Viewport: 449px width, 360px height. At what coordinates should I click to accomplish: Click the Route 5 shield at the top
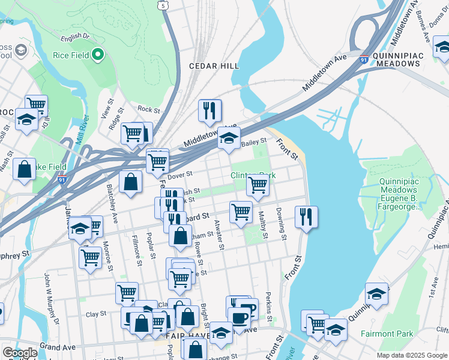pos(163,5)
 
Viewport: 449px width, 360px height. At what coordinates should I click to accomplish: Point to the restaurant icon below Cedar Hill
pos(209,110)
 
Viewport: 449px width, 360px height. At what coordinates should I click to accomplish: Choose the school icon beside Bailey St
pos(228,138)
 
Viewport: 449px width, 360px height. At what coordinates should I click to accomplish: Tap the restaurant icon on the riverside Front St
pos(306,217)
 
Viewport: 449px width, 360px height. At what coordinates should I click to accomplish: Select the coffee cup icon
pos(240,317)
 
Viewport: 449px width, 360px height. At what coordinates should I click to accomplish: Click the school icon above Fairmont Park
pos(376,293)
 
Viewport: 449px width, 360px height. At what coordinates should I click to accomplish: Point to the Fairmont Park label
pos(387,333)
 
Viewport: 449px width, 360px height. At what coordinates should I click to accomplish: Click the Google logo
pos(19,353)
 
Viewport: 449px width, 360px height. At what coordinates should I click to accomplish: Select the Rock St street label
pos(148,110)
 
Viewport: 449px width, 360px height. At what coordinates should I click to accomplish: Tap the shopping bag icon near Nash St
pos(25,169)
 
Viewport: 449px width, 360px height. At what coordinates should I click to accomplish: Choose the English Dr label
pos(75,37)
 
